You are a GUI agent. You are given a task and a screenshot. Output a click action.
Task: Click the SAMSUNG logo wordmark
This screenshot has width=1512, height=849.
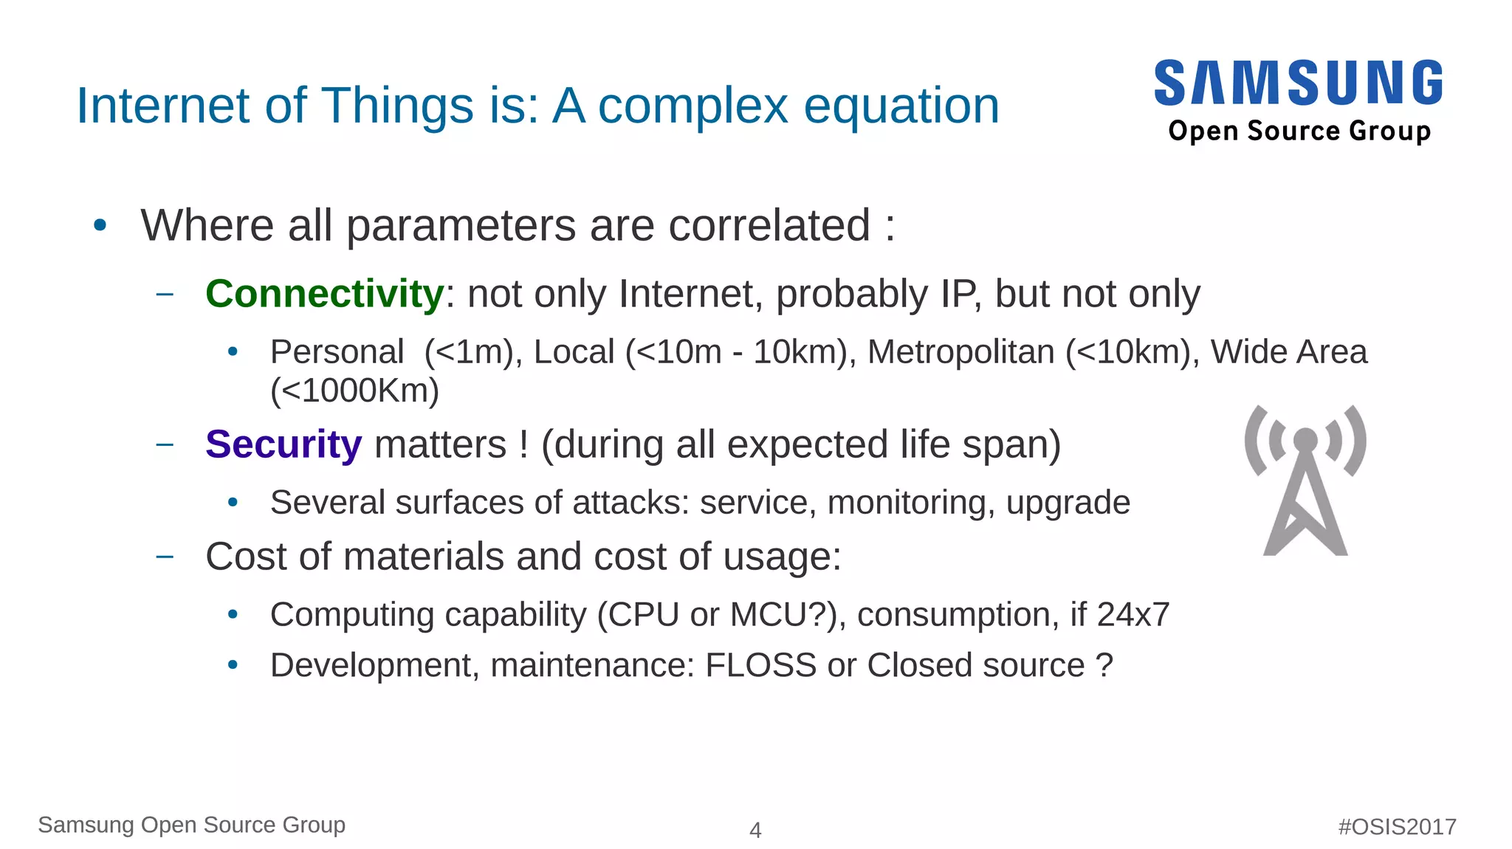pos(1298,83)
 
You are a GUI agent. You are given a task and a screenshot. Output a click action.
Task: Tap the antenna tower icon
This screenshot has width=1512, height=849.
pos(1305,481)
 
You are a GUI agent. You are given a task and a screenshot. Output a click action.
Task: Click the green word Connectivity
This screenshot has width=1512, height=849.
pos(324,294)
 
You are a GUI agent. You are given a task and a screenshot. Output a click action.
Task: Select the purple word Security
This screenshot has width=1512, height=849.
pos(283,444)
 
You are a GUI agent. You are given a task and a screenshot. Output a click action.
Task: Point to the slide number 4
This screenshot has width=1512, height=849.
pos(755,830)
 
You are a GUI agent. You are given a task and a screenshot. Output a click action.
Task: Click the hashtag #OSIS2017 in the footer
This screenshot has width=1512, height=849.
pos(1397,826)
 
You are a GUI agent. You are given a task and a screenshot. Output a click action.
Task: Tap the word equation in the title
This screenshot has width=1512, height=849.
pos(901,106)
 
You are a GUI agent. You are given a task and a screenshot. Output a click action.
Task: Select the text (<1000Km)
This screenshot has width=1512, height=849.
pos(354,391)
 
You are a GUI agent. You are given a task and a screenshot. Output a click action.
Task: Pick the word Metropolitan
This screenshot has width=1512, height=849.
pos(961,352)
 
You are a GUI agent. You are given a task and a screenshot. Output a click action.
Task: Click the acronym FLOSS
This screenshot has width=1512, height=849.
pos(760,665)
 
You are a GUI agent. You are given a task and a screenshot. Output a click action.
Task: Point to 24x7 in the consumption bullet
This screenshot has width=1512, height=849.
pos(1133,615)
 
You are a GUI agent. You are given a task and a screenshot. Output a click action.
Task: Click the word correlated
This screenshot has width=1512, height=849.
pos(769,225)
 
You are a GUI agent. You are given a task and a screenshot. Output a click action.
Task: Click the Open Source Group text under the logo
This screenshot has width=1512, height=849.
pos(1299,131)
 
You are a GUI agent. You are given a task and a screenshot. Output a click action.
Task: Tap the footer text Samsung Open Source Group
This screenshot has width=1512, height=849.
pos(191,825)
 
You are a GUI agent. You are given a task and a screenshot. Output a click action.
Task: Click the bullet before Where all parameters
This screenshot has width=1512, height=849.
pos(100,225)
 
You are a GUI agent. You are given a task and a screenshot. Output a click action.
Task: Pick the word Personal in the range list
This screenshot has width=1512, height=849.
pos(337,352)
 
